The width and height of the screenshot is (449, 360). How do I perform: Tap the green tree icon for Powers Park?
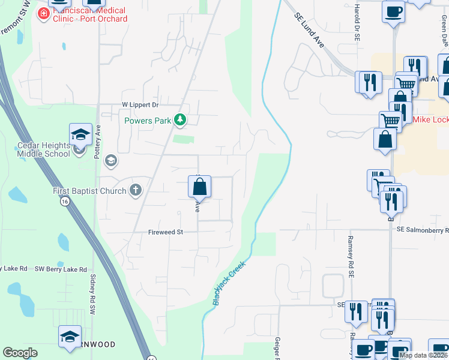pos(179,121)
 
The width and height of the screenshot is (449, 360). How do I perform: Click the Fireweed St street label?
pos(165,232)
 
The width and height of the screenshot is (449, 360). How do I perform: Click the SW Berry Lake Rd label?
pos(61,269)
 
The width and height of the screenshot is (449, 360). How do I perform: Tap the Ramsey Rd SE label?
pos(351,252)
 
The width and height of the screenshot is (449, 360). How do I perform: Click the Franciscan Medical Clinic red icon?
pos(43,14)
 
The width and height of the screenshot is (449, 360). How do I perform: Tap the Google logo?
pos(20,353)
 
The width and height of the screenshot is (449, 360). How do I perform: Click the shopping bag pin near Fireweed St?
pos(200,187)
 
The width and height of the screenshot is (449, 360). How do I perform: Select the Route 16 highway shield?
pos(64,202)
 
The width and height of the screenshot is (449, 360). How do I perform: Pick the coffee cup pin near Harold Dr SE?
pos(393,12)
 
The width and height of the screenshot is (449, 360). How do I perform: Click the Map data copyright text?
pos(423,355)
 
